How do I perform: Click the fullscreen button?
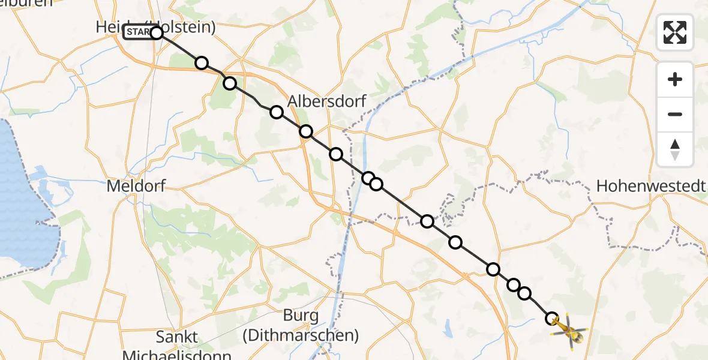pos(675,32)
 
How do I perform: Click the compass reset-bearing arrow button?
pos(675,149)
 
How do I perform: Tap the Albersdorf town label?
pos(326,101)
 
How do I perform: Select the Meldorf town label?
pos(136,186)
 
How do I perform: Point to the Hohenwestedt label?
pos(651,186)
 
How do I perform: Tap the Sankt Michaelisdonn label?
pos(176,346)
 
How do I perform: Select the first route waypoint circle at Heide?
pos(157,32)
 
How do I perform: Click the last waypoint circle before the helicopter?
pos(552,318)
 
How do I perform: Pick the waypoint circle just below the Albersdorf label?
pos(306,131)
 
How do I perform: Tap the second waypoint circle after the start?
pos(202,63)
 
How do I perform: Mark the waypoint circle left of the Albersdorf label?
pos(276,112)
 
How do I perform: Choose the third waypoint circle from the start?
pos(230,83)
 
